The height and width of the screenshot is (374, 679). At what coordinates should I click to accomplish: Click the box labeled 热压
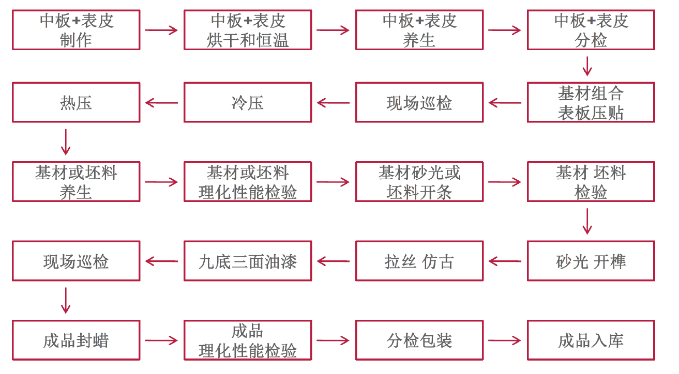click(x=76, y=102)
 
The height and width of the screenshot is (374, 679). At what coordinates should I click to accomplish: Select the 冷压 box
click(x=248, y=102)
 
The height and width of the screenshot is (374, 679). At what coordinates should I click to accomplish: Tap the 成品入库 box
click(x=591, y=340)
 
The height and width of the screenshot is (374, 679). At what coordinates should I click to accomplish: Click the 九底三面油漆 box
click(x=248, y=261)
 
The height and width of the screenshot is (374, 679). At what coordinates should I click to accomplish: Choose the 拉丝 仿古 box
click(x=419, y=261)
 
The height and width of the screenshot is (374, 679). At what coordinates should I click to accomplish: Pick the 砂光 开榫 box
click(x=591, y=261)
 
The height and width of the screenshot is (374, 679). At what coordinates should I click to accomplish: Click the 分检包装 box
click(x=419, y=340)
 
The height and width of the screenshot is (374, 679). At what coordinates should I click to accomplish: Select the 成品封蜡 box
click(x=76, y=340)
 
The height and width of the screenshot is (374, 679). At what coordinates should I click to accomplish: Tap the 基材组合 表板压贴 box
click(x=591, y=102)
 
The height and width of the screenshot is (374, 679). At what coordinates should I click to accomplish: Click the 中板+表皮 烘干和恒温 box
click(x=248, y=30)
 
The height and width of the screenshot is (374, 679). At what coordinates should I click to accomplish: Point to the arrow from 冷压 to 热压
click(x=162, y=102)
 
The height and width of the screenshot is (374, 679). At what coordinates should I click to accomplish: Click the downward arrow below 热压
click(x=66, y=142)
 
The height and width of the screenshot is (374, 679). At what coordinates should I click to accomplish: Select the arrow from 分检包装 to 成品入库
click(x=505, y=340)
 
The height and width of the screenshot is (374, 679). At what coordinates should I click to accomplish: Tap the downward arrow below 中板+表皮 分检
click(x=587, y=66)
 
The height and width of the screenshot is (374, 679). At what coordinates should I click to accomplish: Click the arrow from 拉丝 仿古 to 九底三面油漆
click(x=334, y=261)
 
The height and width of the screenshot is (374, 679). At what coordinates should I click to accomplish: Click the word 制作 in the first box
click(x=76, y=40)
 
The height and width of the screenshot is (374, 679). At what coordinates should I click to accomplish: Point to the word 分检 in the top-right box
click(x=591, y=40)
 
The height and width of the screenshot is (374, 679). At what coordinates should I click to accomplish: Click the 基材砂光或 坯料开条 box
click(x=419, y=182)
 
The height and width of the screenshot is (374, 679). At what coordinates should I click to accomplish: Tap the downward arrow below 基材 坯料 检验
click(x=587, y=221)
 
